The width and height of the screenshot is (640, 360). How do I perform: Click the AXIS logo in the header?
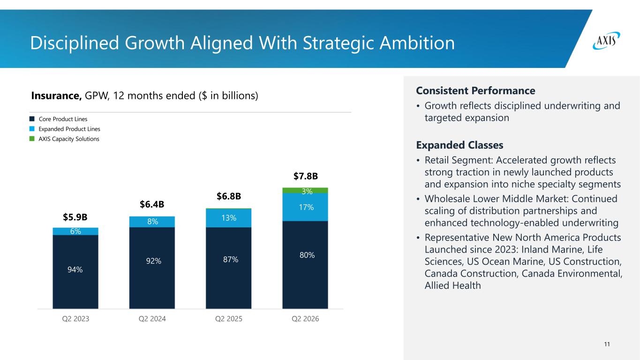(606, 41)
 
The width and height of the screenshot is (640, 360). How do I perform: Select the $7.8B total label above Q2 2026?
(305, 176)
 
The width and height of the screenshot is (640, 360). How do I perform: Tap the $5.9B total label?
(75, 217)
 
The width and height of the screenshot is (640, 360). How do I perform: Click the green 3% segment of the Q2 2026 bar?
(305, 191)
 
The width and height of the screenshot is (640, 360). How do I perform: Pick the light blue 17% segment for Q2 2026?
(305, 207)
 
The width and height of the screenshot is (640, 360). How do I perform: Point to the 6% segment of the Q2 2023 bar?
(75, 232)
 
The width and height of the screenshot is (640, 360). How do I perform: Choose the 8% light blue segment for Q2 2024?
(152, 222)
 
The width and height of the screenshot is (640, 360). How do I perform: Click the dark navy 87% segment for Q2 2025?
(229, 268)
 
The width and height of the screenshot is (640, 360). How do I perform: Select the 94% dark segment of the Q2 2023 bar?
(75, 272)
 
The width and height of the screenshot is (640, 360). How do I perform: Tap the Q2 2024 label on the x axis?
(152, 319)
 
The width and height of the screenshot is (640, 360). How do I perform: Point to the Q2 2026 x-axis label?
(305, 319)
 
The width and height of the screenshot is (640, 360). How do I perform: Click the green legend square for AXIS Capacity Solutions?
(32, 139)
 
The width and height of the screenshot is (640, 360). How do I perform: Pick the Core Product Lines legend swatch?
(32, 119)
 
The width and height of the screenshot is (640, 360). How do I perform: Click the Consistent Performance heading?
(475, 90)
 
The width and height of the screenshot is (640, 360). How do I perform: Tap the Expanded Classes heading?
(459, 145)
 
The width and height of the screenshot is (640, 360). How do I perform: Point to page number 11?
(607, 344)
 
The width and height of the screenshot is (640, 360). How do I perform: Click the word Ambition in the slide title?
(417, 43)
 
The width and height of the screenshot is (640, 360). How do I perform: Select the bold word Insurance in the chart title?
(56, 96)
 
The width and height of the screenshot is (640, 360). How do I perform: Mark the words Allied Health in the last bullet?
(452, 285)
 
